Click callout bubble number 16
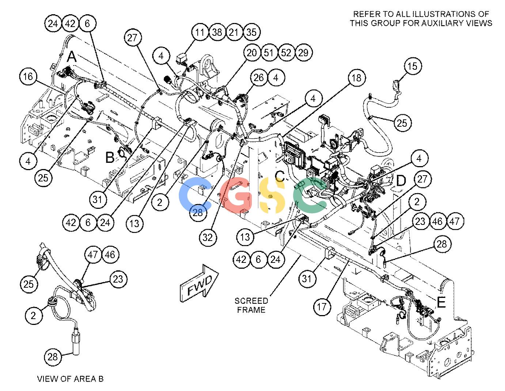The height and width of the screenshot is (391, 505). (x=28, y=77)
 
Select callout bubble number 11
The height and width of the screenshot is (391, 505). (x=200, y=32)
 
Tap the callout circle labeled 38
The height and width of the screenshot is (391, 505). (x=217, y=32)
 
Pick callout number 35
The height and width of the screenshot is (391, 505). (x=251, y=32)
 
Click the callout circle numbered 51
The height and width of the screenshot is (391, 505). (x=269, y=53)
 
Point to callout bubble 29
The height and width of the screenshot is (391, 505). (x=303, y=53)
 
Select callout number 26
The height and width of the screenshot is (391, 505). (x=259, y=77)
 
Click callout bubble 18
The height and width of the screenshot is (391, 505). (x=357, y=78)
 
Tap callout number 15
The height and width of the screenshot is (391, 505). (x=412, y=66)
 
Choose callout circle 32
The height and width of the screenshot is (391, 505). (x=208, y=237)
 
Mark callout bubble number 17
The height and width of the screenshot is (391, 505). (x=322, y=307)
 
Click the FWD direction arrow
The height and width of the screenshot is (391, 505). (x=199, y=284)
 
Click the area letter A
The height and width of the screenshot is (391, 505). (x=72, y=57)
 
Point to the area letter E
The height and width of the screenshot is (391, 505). (x=441, y=302)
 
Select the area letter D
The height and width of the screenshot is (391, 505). (x=401, y=181)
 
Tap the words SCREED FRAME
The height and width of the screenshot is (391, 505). (x=251, y=305)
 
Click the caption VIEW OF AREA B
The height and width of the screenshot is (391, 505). (x=71, y=379)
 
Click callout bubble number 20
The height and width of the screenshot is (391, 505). (x=251, y=53)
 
